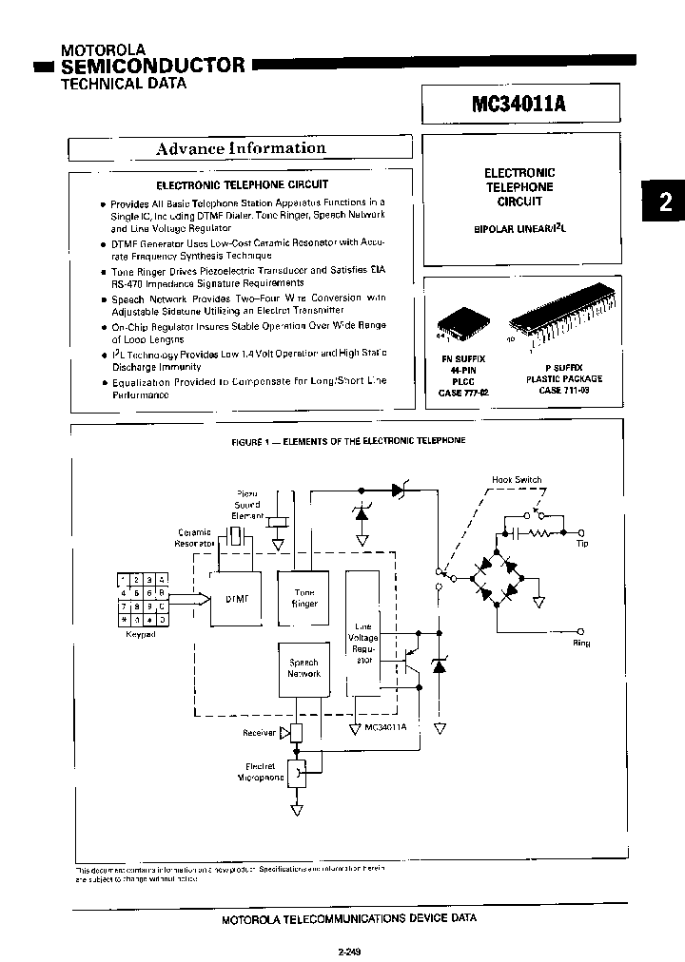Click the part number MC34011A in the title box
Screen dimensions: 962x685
[x=519, y=103]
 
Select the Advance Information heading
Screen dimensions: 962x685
[x=240, y=148]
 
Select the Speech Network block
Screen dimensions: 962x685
[x=303, y=667]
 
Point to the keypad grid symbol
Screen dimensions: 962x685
[x=141, y=599]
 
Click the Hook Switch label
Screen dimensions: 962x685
[x=517, y=480]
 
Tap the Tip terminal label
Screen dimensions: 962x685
[x=581, y=544]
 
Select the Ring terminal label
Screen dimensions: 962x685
[x=580, y=644]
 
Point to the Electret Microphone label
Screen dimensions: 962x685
[x=260, y=771]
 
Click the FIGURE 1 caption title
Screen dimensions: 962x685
[x=348, y=441]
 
